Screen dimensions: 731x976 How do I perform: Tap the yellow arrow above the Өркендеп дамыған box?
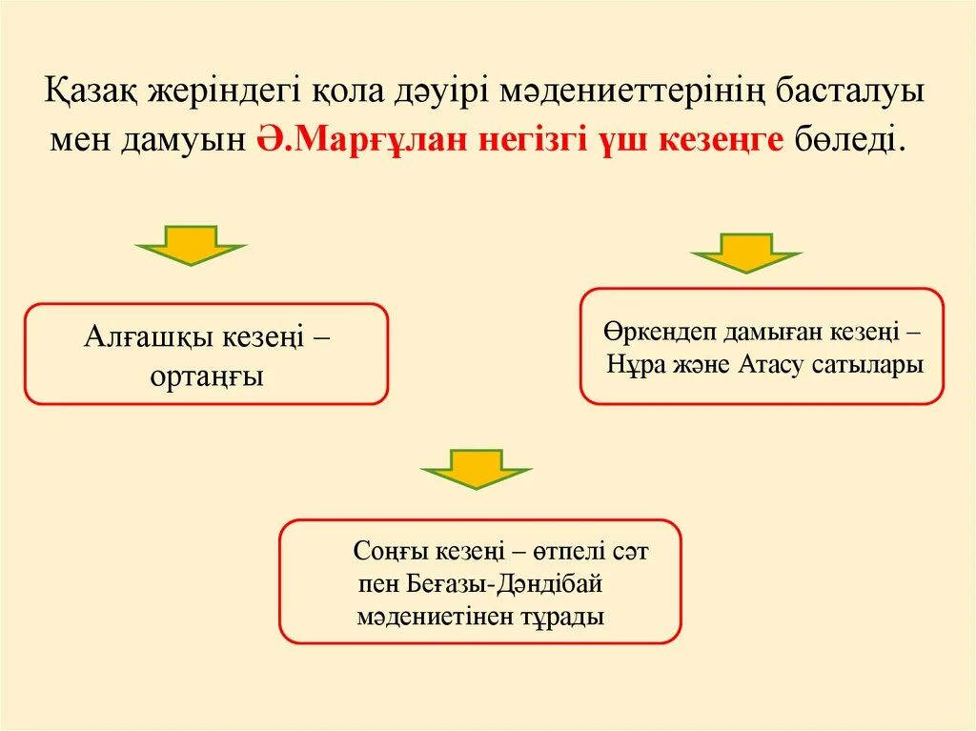pyautogui.click(x=745, y=254)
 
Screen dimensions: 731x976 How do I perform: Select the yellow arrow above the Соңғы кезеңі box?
pyautogui.click(x=476, y=468)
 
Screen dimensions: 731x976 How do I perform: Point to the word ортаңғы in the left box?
pyautogui.click(x=206, y=376)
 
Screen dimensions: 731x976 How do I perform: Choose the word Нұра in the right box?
pyautogui.click(x=634, y=365)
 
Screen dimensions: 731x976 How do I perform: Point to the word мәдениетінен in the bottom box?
pyautogui.click(x=429, y=616)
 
